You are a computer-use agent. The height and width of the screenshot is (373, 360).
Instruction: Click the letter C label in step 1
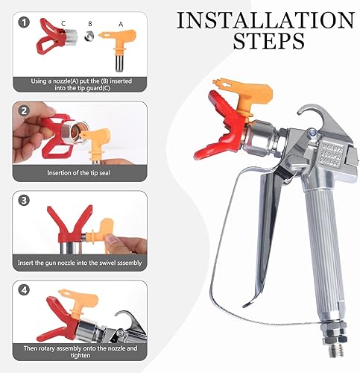(x=64, y=23)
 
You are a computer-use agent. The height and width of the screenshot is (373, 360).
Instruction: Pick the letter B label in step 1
(x=89, y=23)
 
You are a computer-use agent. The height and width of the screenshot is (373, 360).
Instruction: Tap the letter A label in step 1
(x=121, y=23)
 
